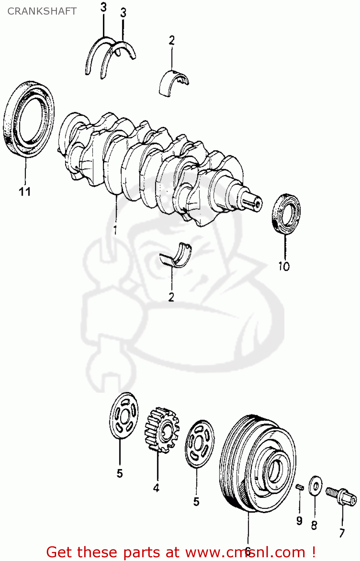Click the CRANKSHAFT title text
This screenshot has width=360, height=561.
click(42, 11)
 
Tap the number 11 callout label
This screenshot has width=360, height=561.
click(25, 192)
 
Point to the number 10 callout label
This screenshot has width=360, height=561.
click(284, 266)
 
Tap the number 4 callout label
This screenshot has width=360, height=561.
click(156, 488)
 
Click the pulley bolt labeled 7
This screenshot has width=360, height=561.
click(341, 496)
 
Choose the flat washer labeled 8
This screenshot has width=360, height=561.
click(315, 486)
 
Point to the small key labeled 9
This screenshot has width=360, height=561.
click(299, 487)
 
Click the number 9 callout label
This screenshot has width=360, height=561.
click(299, 521)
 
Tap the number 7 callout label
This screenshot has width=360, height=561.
click(342, 533)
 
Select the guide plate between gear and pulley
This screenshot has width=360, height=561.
click(199, 444)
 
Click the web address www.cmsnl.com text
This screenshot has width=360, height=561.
click(245, 552)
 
